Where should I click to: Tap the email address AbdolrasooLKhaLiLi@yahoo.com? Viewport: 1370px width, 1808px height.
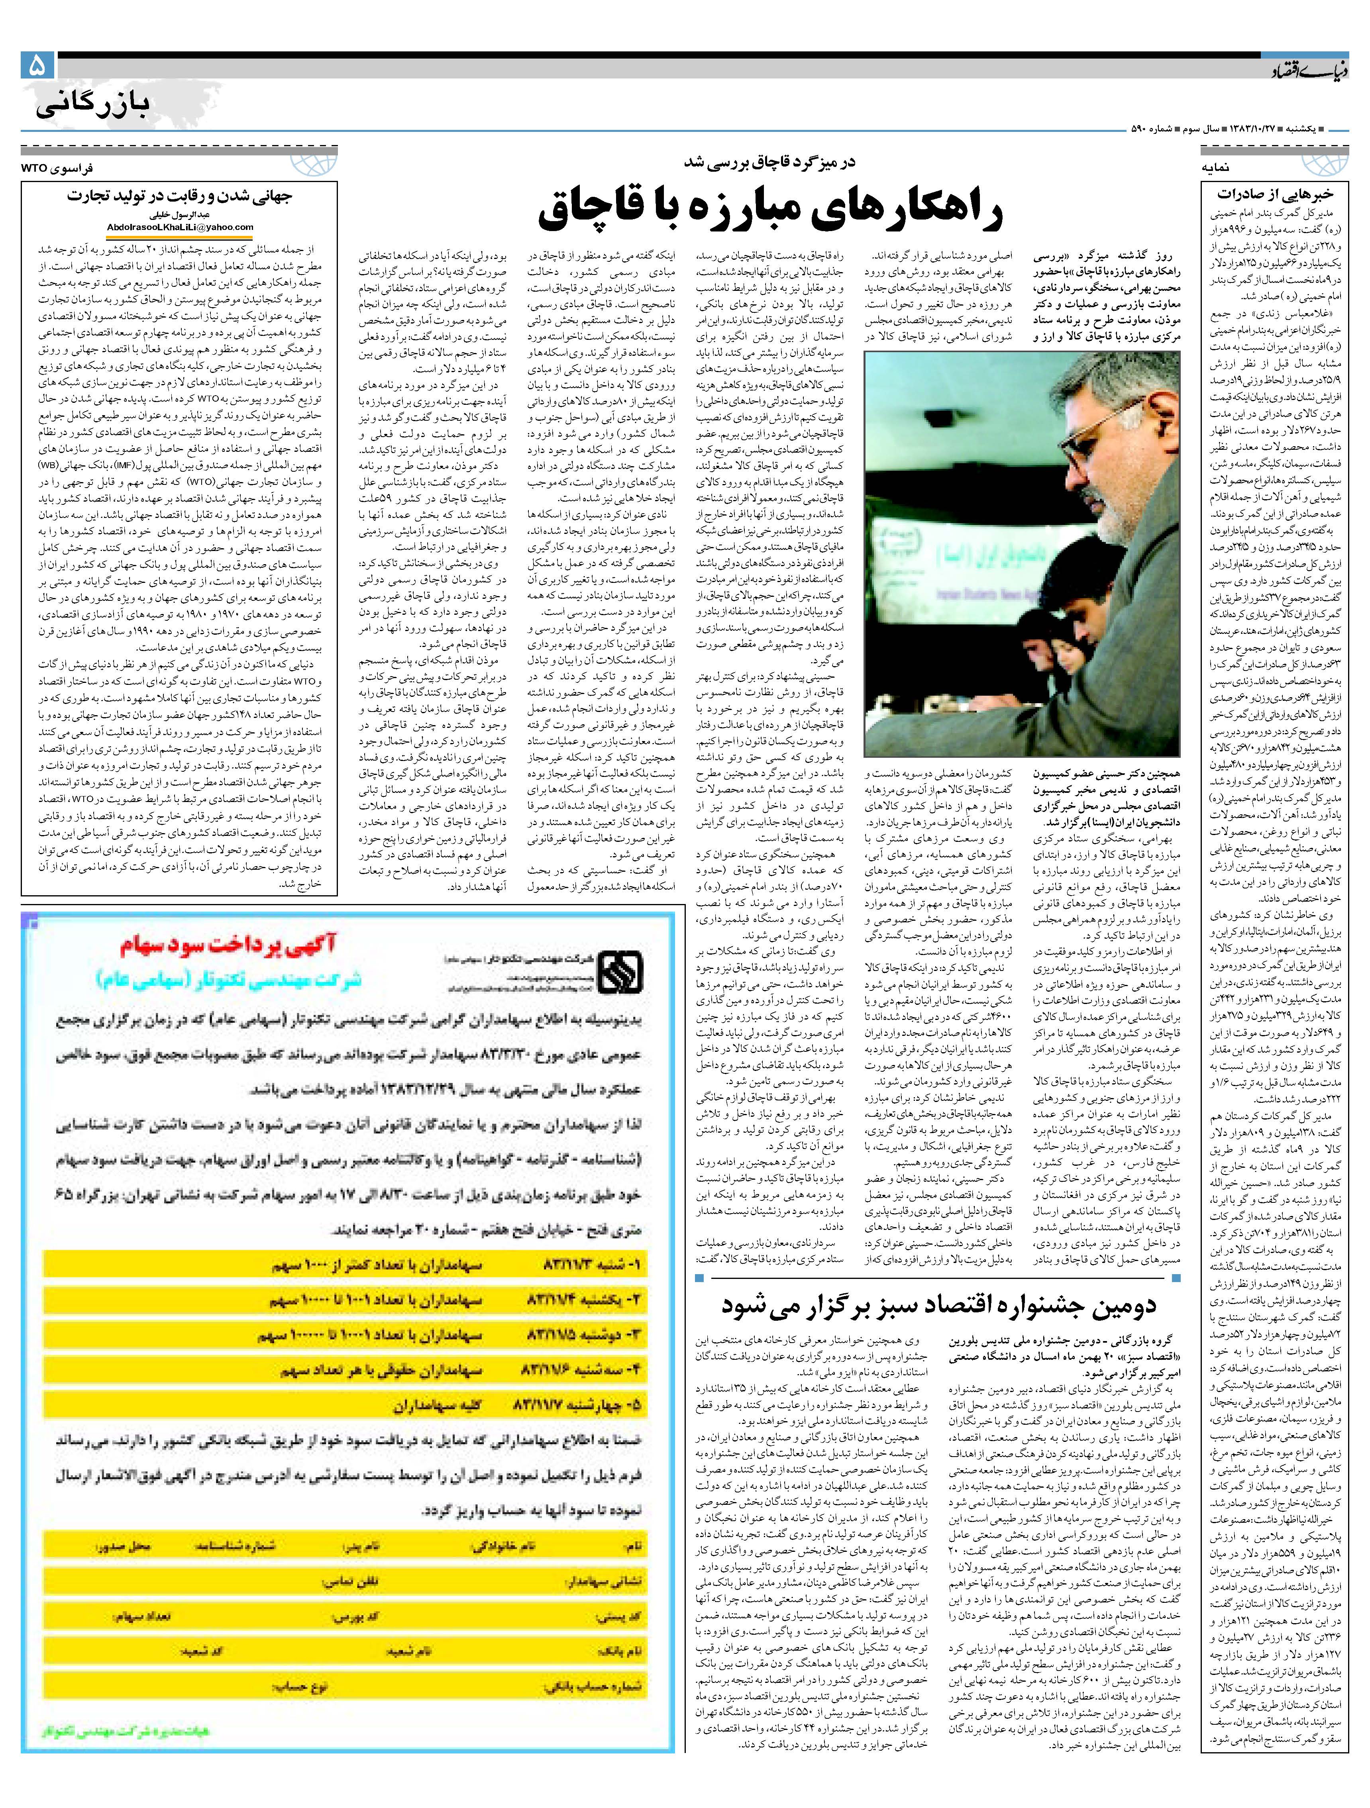point(180,227)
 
